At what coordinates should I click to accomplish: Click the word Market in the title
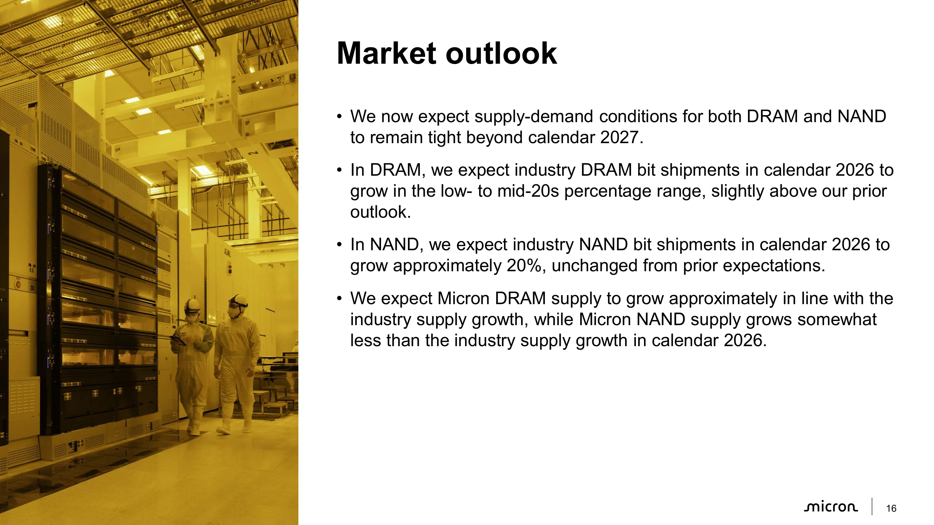(387, 54)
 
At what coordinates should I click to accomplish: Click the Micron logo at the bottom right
(831, 507)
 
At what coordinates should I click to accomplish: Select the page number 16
(891, 509)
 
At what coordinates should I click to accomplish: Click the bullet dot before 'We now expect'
(339, 117)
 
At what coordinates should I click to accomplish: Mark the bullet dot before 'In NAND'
(339, 245)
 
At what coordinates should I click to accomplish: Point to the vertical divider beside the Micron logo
(872, 506)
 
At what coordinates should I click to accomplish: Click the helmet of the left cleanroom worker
(192, 306)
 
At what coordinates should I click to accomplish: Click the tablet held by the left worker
(178, 341)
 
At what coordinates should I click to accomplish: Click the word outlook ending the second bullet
(380, 212)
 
